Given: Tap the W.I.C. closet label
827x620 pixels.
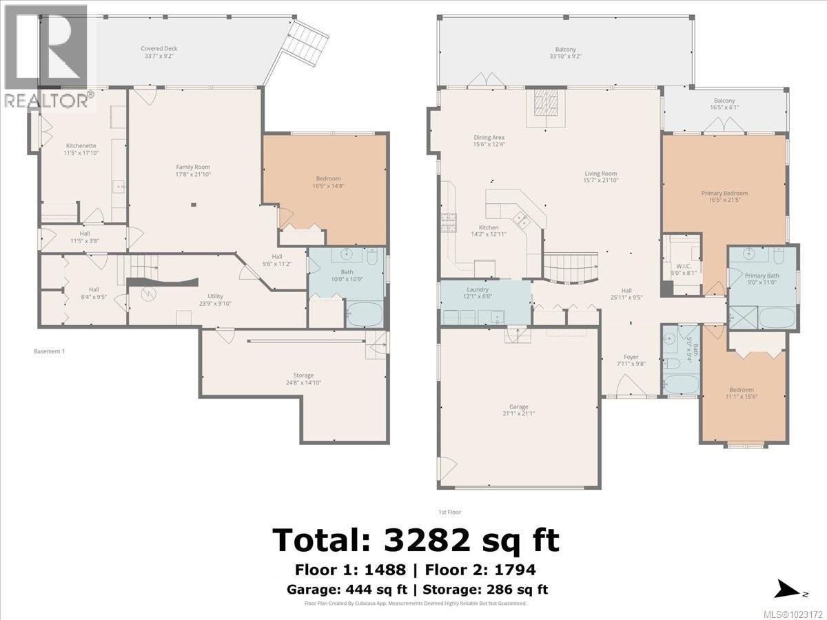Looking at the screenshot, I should pos(684,267).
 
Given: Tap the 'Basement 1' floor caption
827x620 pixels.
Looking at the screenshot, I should pos(49,351).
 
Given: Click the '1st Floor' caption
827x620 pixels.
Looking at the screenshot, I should pos(449,512).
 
